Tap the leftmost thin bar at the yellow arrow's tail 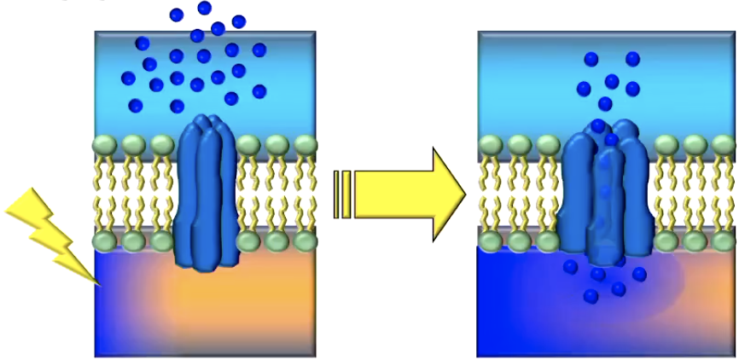pyautogui.click(x=337, y=195)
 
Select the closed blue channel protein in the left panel pyautogui.click(x=205, y=193)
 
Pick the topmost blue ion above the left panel pyautogui.click(x=204, y=9)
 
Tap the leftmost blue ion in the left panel pyautogui.click(x=128, y=78)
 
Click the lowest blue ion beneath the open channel pyautogui.click(x=591, y=296)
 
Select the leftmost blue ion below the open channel pyautogui.click(x=571, y=268)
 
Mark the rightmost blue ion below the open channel pyautogui.click(x=639, y=274)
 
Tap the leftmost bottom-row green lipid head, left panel pyautogui.click(x=104, y=241)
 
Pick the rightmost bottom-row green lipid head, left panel pyautogui.click(x=305, y=241)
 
